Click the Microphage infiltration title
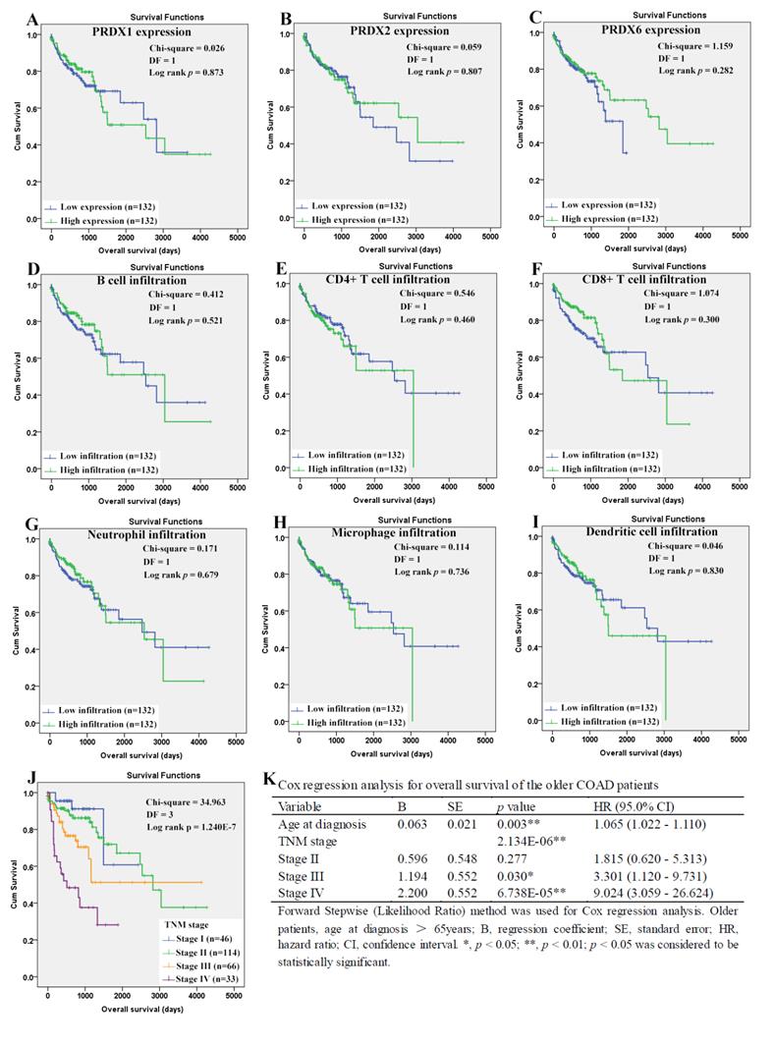382,532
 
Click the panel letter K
269,778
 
